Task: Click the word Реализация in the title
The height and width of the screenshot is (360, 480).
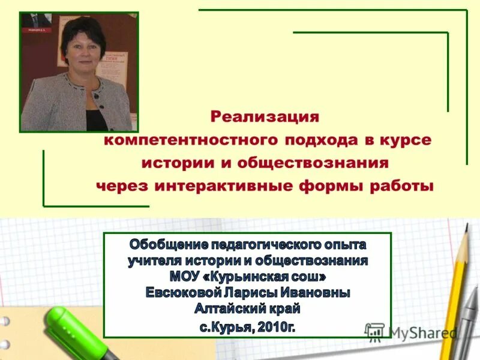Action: pos(264,115)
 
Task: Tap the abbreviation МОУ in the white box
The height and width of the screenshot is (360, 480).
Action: pos(187,277)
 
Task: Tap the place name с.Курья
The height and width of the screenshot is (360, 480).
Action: pos(226,327)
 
